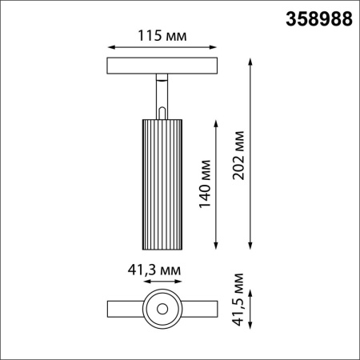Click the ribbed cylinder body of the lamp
pos(162,184)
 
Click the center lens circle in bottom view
pos(162,308)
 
